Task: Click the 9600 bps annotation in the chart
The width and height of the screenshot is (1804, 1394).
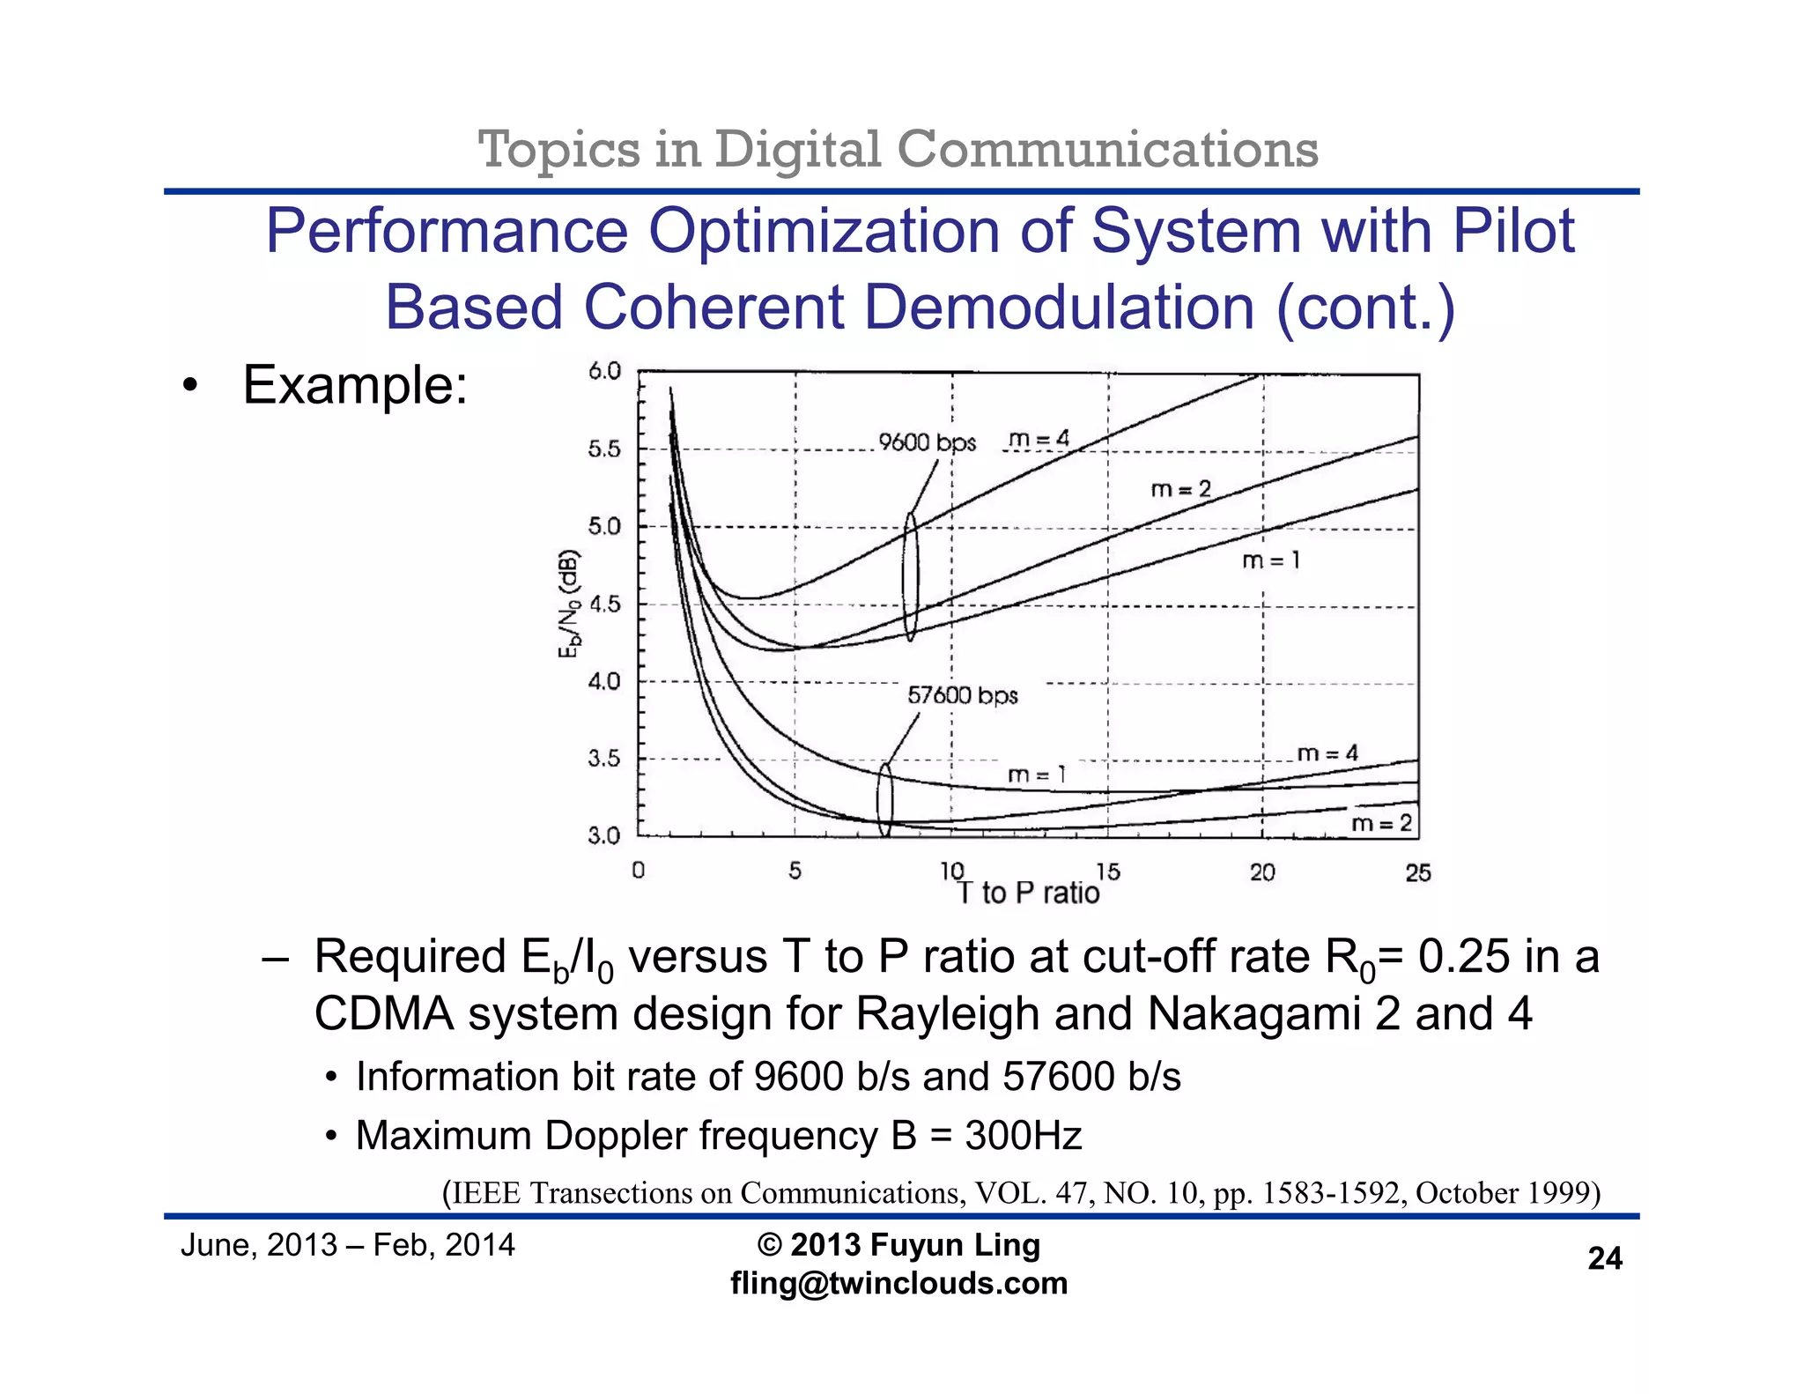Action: tap(927, 442)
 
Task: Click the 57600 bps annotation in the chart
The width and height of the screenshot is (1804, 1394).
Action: tap(962, 695)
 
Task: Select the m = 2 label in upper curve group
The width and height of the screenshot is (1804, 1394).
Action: tap(1180, 489)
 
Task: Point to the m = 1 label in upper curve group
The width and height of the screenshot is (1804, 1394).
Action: tap(1270, 560)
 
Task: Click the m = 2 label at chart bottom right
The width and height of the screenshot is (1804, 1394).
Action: tap(1381, 823)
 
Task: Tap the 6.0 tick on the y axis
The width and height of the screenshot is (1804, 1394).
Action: tap(604, 371)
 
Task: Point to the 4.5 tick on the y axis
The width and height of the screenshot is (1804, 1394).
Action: tap(604, 604)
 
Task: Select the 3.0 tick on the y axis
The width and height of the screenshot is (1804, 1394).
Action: tap(604, 835)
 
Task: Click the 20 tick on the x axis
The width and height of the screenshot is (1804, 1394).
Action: tap(1262, 872)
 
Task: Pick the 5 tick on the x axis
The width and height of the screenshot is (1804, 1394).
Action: tap(795, 871)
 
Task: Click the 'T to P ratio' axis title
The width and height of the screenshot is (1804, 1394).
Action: tap(1028, 893)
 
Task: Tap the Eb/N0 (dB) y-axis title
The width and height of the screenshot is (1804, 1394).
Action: tap(570, 604)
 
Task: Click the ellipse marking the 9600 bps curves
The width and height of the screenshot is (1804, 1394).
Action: tap(911, 577)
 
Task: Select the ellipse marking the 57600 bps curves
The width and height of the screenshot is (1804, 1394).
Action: tap(884, 800)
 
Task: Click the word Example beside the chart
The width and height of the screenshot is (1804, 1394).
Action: tap(354, 385)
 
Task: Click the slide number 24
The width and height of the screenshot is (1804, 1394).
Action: tap(1604, 1258)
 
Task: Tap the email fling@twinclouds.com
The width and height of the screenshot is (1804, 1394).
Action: tap(898, 1283)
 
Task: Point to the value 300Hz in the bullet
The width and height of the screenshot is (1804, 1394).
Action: tap(1023, 1136)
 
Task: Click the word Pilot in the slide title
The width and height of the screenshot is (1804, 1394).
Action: tap(1512, 231)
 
